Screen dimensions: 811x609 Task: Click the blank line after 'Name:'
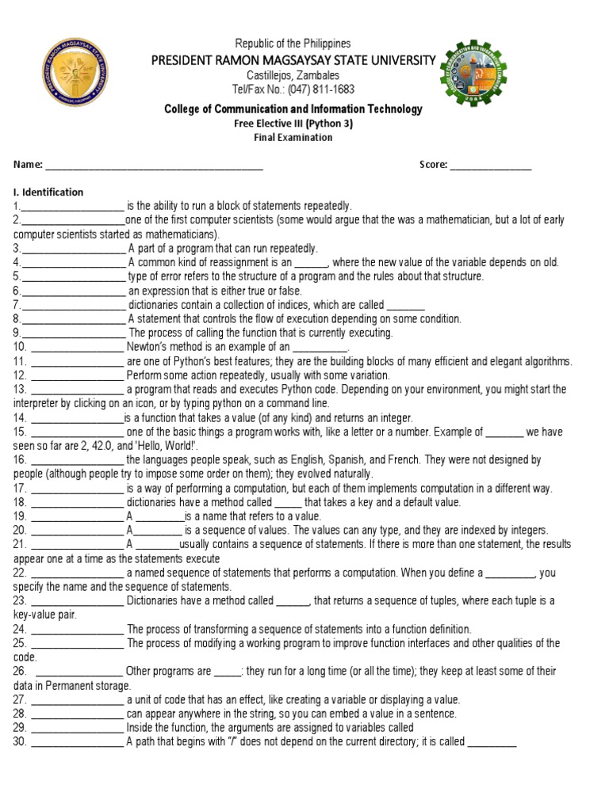[x=154, y=166]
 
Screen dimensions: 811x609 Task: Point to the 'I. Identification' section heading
[x=48, y=192]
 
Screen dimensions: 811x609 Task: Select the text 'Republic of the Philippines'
[x=293, y=44]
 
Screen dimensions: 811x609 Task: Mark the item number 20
[x=20, y=530]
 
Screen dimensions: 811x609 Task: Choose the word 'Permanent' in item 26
[x=71, y=685]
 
